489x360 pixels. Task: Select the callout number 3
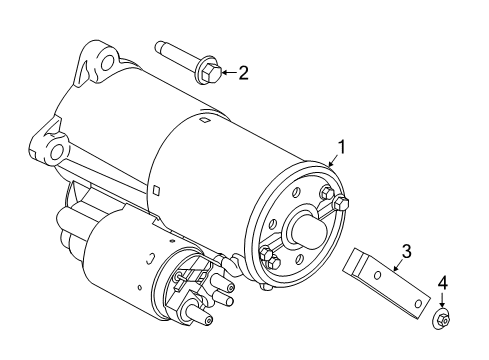pyautogui.click(x=406, y=251)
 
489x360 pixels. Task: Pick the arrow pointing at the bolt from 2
pyautogui.click(x=226, y=72)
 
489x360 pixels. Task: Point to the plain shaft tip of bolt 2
pyautogui.click(x=161, y=45)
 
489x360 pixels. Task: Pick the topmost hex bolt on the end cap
pyautogui.click(x=326, y=193)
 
